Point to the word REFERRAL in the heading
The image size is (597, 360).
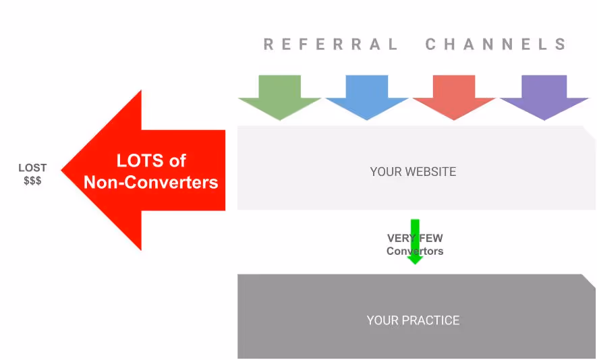coord(331,45)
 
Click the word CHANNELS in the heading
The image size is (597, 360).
coord(496,45)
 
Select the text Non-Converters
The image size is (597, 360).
coord(151,182)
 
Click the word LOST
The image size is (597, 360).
coord(32,167)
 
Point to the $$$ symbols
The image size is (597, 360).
coord(32,181)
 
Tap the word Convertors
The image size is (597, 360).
coord(415,251)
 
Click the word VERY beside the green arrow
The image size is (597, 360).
coord(399,238)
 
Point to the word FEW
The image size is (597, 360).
coord(432,238)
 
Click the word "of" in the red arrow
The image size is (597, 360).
coord(177,161)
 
